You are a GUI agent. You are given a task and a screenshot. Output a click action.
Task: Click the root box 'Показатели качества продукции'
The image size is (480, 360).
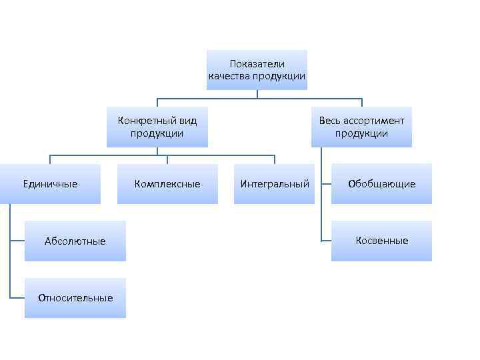pyautogui.click(x=257, y=70)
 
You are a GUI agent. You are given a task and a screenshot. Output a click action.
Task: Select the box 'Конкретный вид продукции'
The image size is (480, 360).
pyautogui.click(x=157, y=127)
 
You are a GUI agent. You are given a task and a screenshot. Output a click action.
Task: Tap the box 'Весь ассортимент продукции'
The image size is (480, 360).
pyautogui.click(x=361, y=127)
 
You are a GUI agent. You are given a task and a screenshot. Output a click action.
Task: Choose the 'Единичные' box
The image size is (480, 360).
pyautogui.click(x=51, y=184)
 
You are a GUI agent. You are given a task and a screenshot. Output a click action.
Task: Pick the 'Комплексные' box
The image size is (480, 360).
pyautogui.click(x=167, y=184)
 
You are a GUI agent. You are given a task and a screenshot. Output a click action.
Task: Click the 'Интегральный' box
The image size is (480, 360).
pyautogui.click(x=275, y=184)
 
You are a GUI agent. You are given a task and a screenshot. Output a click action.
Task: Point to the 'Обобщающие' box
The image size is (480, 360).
pyautogui.click(x=381, y=184)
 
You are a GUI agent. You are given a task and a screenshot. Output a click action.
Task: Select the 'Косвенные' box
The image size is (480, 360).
pyautogui.click(x=381, y=241)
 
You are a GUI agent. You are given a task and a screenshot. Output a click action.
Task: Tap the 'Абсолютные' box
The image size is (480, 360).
pyautogui.click(x=75, y=241)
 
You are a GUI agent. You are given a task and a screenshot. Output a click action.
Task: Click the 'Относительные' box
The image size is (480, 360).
pyautogui.click(x=75, y=297)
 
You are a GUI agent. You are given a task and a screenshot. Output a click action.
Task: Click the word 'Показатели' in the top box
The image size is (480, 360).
pyautogui.click(x=257, y=64)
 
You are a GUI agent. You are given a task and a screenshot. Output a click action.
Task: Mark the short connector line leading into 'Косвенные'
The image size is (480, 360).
pyautogui.click(x=325, y=241)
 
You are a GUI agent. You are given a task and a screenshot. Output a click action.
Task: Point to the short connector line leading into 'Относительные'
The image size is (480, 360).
pyautogui.click(x=18, y=297)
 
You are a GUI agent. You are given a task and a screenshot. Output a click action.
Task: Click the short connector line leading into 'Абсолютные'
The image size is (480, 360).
pyautogui.click(x=18, y=241)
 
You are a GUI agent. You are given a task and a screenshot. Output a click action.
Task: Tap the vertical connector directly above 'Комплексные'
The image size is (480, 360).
pyautogui.click(x=167, y=159)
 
